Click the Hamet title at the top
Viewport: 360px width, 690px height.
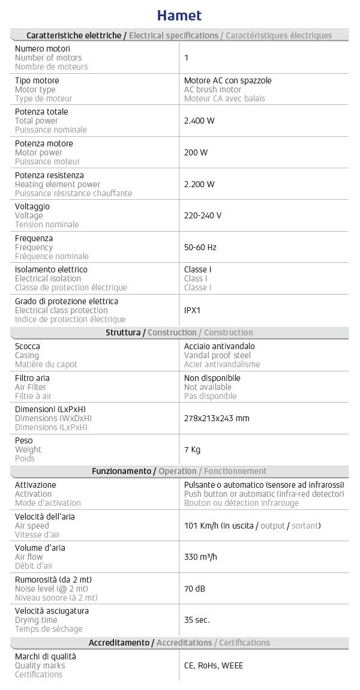pos(179,15)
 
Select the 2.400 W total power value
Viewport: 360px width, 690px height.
pos(199,121)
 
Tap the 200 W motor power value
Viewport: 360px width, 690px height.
pos(196,152)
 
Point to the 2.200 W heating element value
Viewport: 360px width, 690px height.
pos(199,184)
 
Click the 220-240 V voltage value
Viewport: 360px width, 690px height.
pos(203,215)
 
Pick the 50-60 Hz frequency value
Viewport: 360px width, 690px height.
pos(200,247)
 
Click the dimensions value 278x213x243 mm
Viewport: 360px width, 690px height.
pos(217,418)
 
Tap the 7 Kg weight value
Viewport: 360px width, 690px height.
pos(192,449)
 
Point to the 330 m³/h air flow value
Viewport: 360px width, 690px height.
pos(200,557)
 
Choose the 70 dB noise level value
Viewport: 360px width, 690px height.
pos(194,589)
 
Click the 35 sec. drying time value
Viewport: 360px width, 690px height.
pos(197,620)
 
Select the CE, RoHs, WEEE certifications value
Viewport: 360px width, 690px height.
pos(214,665)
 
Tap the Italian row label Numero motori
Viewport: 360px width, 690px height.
pos(43,49)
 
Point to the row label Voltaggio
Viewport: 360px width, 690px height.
pos(32,206)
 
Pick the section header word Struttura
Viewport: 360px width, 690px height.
pos(123,332)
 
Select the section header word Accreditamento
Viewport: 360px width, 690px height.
pos(119,643)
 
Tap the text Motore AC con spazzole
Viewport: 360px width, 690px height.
pos(224,80)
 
